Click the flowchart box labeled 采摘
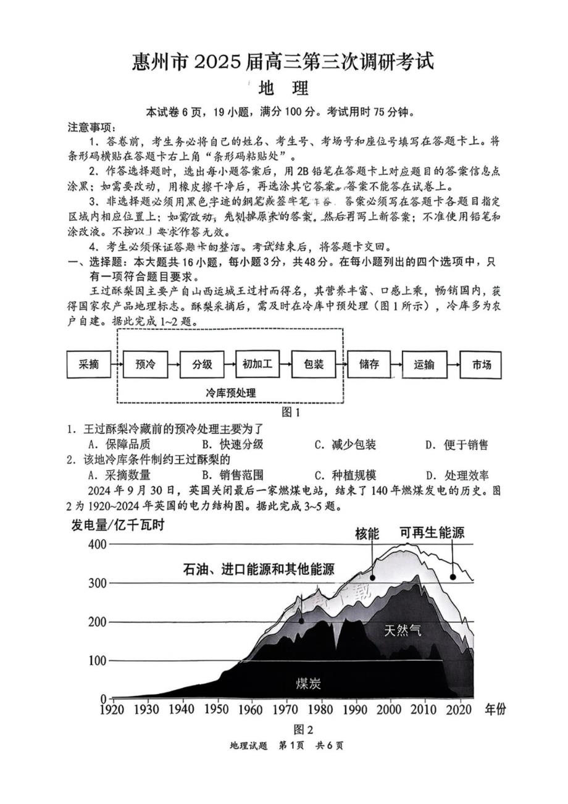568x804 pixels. coord(89,364)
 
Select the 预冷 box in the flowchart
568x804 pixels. coord(145,364)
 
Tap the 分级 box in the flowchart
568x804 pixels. coord(202,364)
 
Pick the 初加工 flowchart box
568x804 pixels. coord(257,364)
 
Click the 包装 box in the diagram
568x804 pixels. coord(314,364)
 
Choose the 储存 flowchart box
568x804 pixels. coord(369,364)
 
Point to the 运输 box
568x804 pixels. coord(424,364)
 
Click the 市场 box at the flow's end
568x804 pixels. coord(481,364)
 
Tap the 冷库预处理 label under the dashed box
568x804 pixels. coord(230,393)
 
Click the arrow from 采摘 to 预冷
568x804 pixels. coord(117,364)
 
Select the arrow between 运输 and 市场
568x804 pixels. coord(453,364)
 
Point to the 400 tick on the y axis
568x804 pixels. coord(98,544)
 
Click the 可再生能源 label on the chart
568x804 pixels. coord(432,532)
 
